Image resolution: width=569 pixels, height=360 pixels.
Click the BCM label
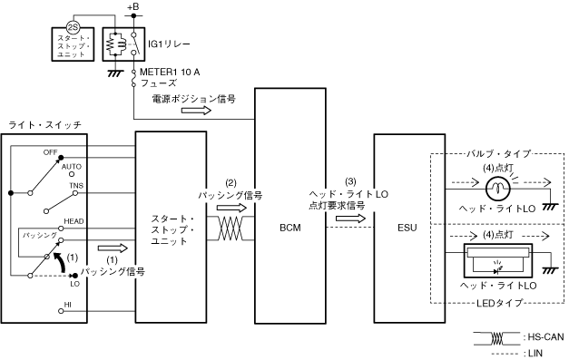coord(289,228)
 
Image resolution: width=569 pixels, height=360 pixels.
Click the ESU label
coord(407,228)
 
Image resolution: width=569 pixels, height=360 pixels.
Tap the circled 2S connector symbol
coord(74,27)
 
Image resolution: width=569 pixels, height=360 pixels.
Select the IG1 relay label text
coord(169,44)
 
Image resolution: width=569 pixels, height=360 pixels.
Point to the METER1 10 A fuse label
coord(170,73)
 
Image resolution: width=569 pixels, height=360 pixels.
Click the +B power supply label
coord(133,7)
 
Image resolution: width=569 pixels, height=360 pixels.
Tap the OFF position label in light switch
coord(50,152)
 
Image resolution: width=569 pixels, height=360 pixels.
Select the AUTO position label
coord(71,167)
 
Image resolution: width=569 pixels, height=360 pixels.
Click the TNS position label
coord(76,186)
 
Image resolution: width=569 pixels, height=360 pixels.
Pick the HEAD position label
coord(74,221)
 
